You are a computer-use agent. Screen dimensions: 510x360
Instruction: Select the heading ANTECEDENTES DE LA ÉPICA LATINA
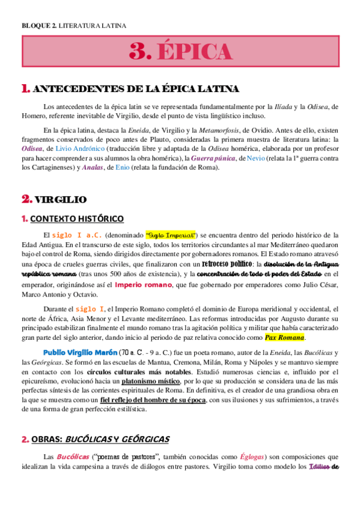(x=136, y=89)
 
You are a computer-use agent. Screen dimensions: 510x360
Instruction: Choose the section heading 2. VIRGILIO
(x=55, y=198)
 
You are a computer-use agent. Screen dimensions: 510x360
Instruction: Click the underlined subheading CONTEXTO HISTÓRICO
(x=78, y=218)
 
